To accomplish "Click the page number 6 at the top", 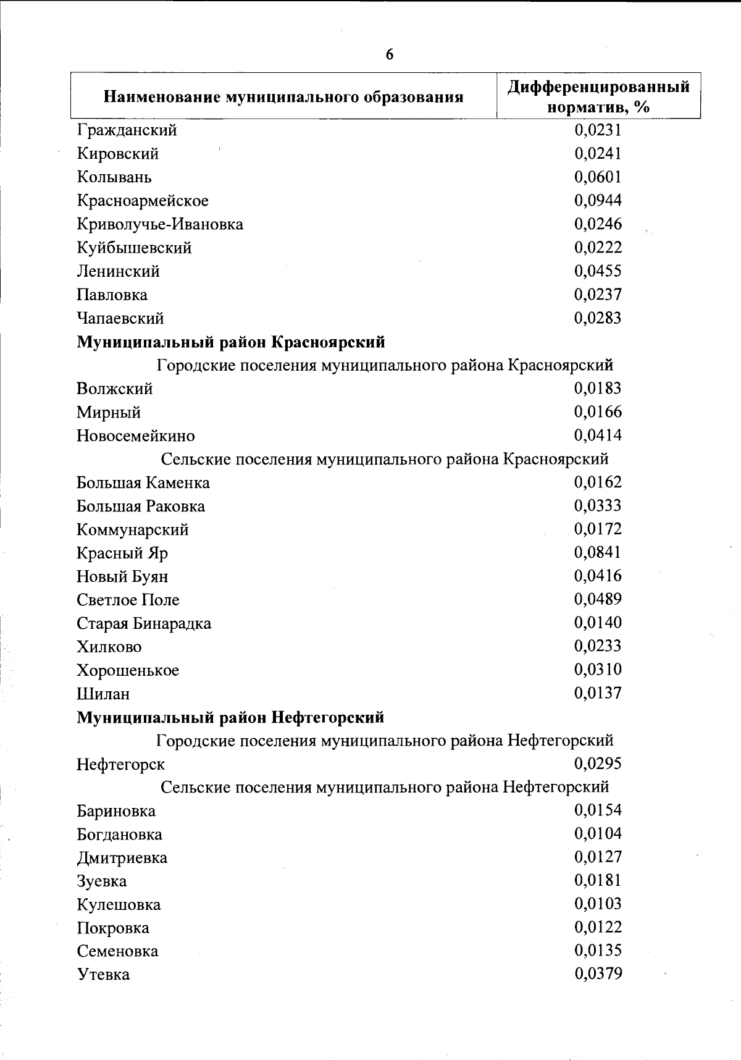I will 389,54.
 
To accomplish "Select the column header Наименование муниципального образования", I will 283,97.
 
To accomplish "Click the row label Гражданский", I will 127,130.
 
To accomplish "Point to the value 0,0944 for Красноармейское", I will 598,200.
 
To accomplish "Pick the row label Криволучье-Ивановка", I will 160,224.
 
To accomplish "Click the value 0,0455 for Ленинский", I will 598,271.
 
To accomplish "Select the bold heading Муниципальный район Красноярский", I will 231,342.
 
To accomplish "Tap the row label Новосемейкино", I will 136,436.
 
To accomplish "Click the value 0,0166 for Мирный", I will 598,411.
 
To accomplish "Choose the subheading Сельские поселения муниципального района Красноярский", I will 385,459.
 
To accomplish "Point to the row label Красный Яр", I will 122,553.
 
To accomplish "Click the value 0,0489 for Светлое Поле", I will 598,599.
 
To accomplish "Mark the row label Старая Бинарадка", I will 144,624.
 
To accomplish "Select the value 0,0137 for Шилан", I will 598,693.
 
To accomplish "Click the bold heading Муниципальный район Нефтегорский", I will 230,717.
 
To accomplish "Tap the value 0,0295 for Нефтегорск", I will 598,763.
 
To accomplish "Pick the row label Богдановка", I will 120,835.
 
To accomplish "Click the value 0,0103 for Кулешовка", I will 598,904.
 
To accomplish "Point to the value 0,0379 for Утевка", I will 598,974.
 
